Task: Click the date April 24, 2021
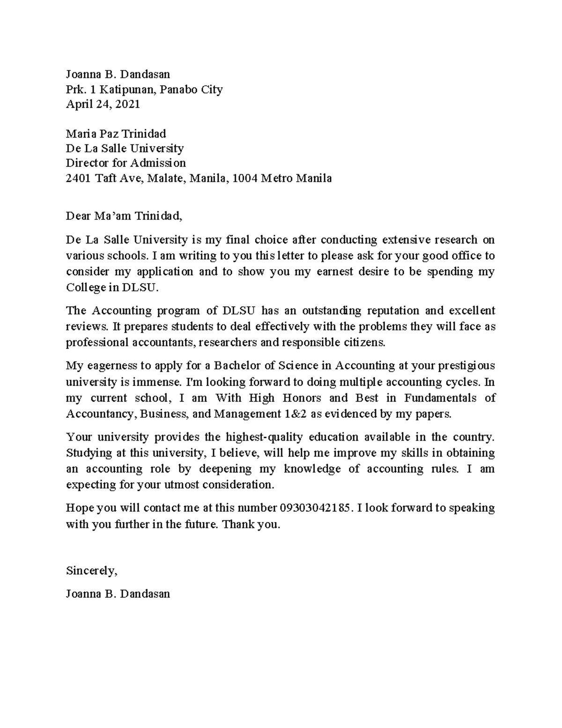103,104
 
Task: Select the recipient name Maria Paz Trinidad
116,134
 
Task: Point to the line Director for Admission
126,163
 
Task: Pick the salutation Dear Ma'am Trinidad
123,216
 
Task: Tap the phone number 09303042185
314,508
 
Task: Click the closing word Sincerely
91,570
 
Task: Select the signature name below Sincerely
118,594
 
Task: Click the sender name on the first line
118,74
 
